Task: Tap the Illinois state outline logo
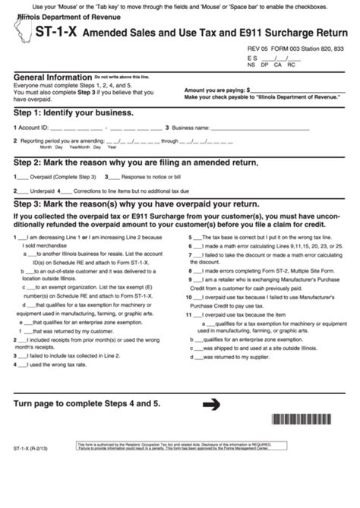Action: [x=19, y=33]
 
